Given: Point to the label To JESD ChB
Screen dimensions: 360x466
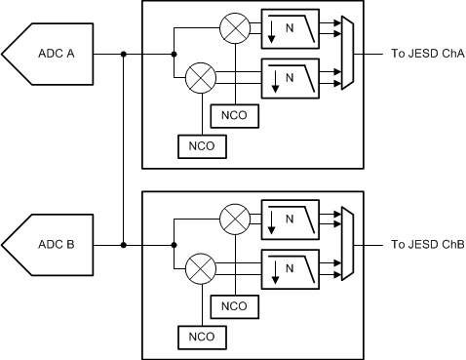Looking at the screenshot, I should [427, 245].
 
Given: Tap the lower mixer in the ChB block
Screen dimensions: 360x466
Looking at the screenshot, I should [201, 266].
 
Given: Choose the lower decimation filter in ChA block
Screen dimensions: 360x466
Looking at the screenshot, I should [291, 77].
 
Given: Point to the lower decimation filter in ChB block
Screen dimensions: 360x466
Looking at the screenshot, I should [291, 266].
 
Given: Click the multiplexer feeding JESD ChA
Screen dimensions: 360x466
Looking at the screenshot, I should [347, 55].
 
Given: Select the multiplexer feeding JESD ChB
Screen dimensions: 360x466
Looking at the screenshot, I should [347, 244].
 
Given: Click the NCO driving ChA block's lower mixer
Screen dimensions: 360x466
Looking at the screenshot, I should [201, 147].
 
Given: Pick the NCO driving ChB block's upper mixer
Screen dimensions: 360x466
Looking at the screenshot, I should [234, 306].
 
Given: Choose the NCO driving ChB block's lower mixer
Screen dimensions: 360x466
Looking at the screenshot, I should [201, 337].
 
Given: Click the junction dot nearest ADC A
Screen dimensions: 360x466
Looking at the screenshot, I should [124, 55].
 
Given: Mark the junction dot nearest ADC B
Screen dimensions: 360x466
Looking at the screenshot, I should [124, 244].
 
